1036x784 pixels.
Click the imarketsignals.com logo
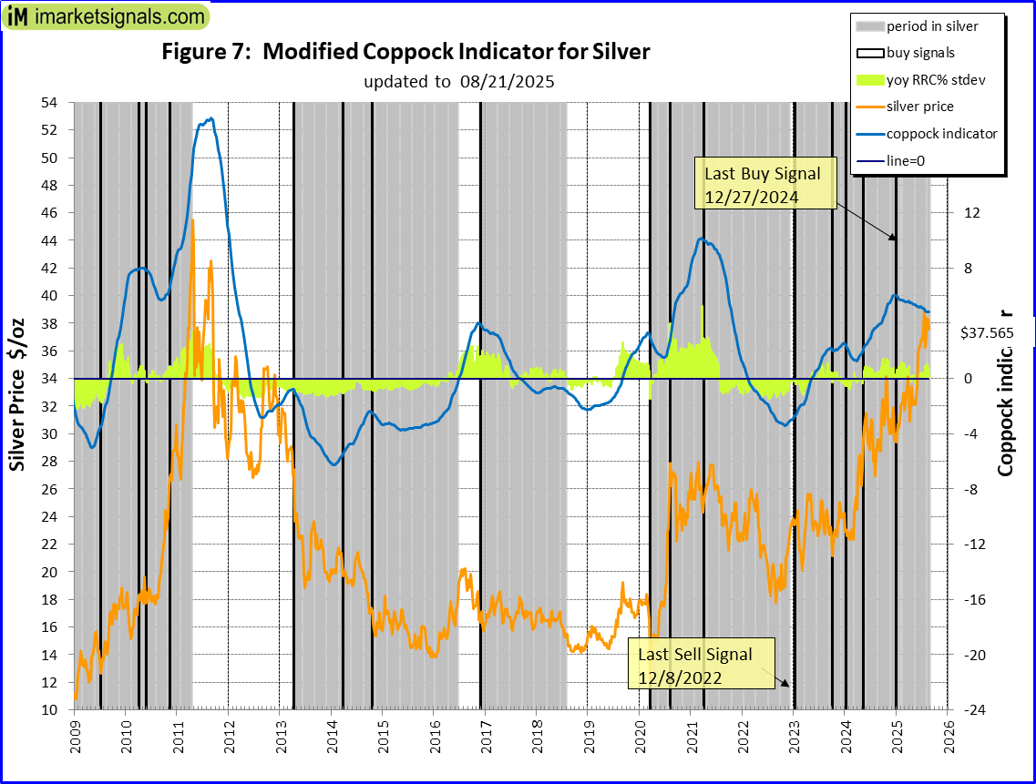[106, 16]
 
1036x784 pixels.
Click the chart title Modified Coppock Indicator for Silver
[405, 52]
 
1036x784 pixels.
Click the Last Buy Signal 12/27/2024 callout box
[764, 185]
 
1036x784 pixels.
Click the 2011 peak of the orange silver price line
[192, 219]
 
